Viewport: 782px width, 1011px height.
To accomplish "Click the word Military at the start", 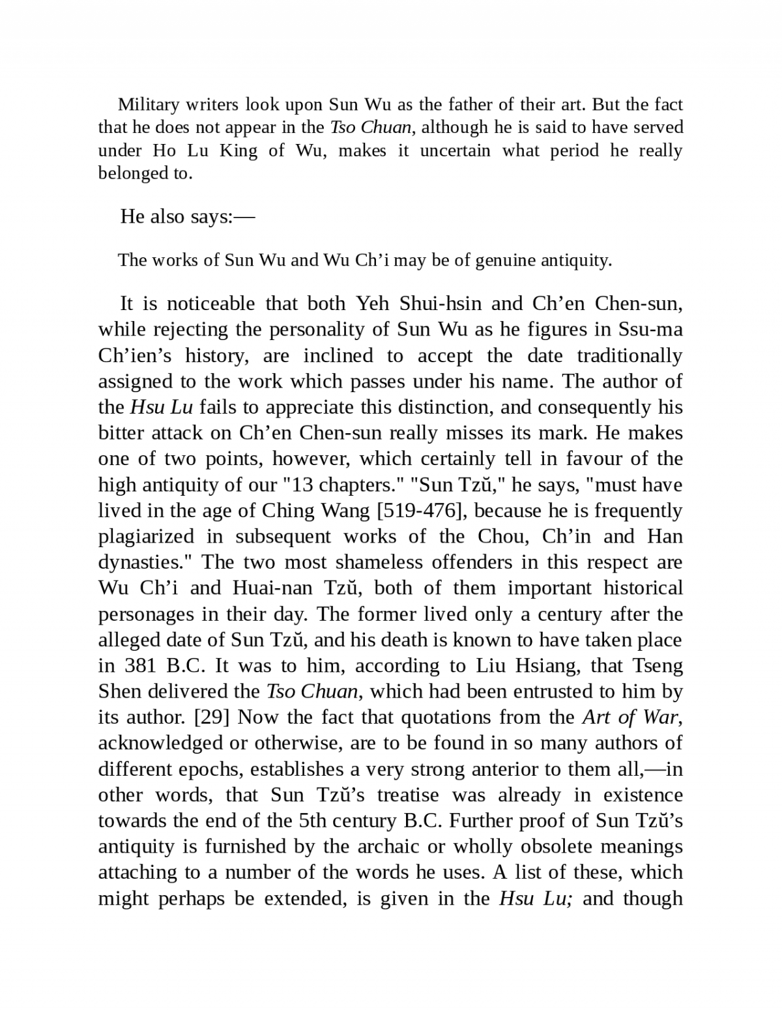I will click(148, 105).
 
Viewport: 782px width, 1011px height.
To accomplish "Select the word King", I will click(239, 150).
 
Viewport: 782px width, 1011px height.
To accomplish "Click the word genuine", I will click(506, 261).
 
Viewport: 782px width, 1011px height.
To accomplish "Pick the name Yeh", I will click(372, 304).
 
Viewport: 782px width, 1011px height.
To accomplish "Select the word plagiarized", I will click(147, 536).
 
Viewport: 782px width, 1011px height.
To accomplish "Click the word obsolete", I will click(557, 847).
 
